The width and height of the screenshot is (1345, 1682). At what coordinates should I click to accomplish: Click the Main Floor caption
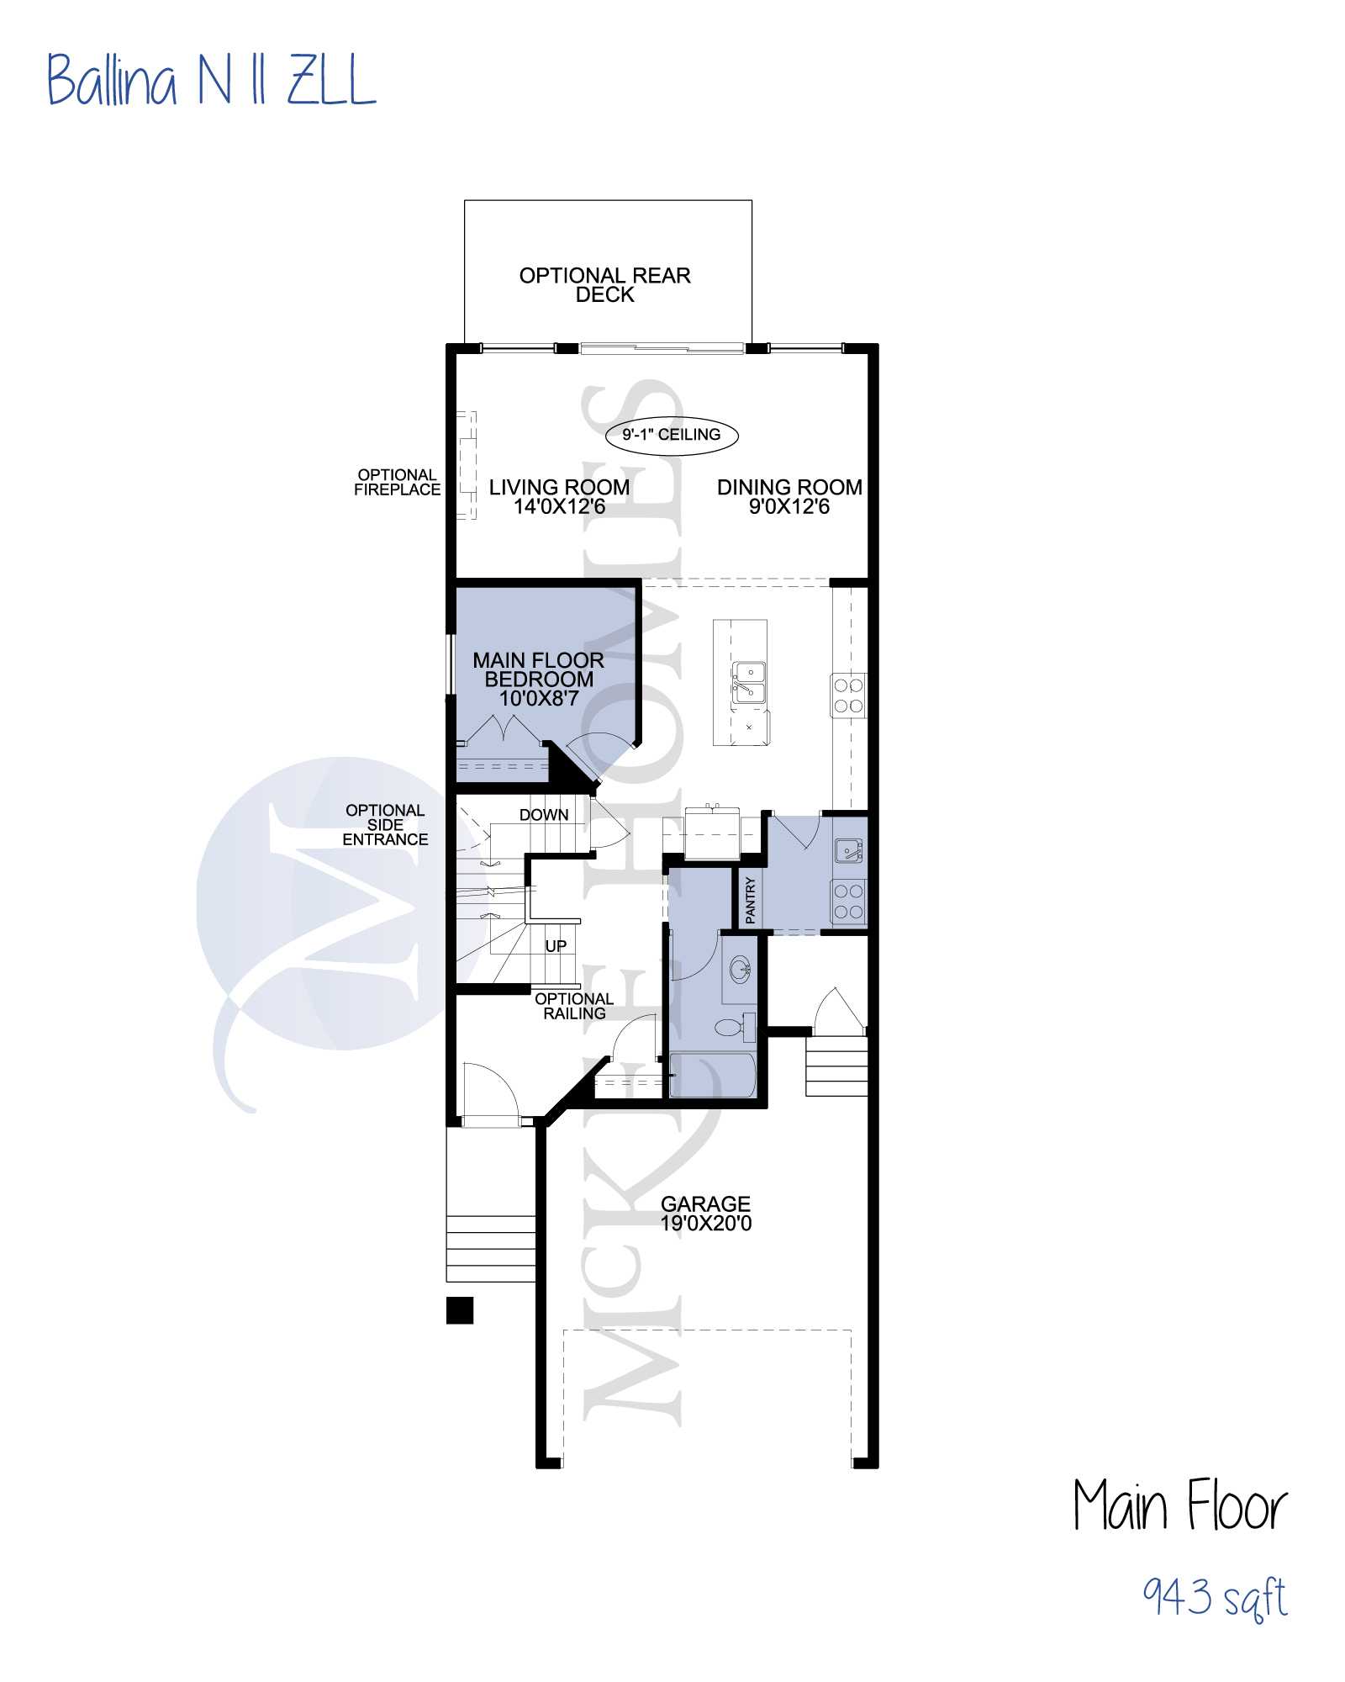pyautogui.click(x=1180, y=1505)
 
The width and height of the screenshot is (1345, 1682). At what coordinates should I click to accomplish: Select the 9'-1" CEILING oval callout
pyautogui.click(x=672, y=435)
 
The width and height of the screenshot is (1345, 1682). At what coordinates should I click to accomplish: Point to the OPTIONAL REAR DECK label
pyautogui.click(x=605, y=285)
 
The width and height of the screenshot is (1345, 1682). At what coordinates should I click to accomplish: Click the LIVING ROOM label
pyautogui.click(x=559, y=497)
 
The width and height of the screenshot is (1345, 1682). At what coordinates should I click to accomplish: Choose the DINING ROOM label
pyautogui.click(x=789, y=497)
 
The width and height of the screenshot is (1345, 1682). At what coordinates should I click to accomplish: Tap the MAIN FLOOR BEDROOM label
pyautogui.click(x=538, y=679)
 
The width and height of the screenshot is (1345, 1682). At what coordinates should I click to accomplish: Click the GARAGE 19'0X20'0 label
pyautogui.click(x=706, y=1214)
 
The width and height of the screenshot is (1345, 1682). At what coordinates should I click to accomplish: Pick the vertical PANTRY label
pyautogui.click(x=751, y=900)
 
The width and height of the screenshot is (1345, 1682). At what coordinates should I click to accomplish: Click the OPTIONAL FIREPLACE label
pyautogui.click(x=397, y=482)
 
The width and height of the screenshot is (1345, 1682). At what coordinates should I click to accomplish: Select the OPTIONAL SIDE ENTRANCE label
pyautogui.click(x=385, y=824)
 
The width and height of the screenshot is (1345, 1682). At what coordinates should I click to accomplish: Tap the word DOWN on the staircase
pyautogui.click(x=544, y=815)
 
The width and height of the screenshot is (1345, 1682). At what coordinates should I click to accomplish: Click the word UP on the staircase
pyautogui.click(x=556, y=946)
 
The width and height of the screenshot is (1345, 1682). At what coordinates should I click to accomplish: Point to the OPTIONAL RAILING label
pyautogui.click(x=574, y=1006)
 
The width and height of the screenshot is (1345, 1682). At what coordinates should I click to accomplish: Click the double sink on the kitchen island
pyautogui.click(x=748, y=682)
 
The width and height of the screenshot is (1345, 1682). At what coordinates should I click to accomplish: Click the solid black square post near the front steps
pyautogui.click(x=460, y=1310)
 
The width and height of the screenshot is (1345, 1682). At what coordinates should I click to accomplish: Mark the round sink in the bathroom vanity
pyautogui.click(x=741, y=970)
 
